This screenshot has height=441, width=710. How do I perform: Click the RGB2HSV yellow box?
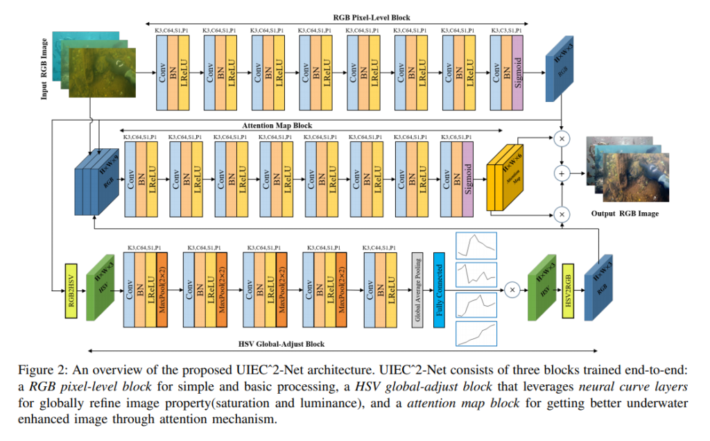[x=70, y=292]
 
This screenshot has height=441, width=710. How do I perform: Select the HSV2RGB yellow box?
[x=566, y=291]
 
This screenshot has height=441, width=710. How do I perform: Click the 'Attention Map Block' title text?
[x=277, y=126]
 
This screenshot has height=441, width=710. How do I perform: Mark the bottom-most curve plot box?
[x=475, y=334]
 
